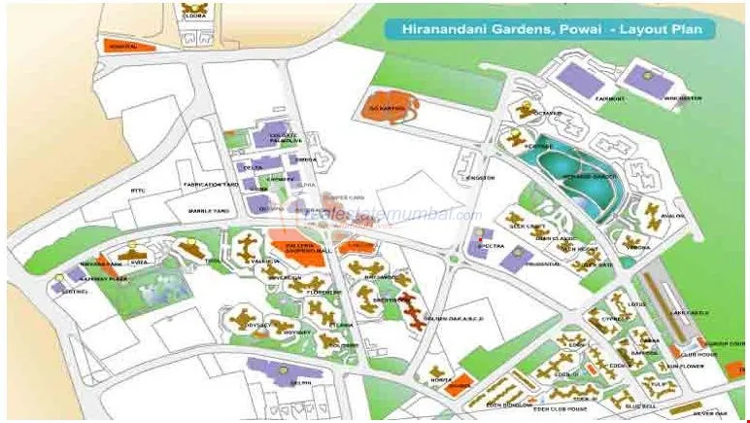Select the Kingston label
(x=481, y=178)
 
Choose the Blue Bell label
(x=641, y=405)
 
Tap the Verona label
(x=637, y=247)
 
